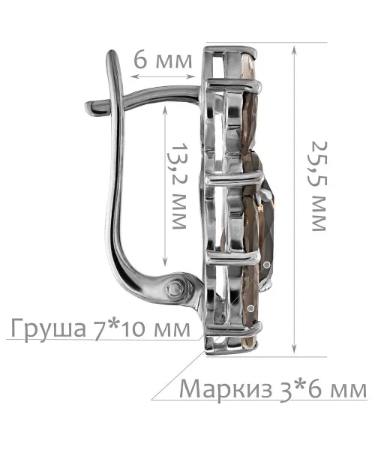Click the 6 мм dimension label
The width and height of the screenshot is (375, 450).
click(x=163, y=61)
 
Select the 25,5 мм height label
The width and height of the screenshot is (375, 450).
click(x=319, y=186)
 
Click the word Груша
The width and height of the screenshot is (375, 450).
click(x=49, y=329)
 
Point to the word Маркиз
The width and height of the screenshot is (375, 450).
click(x=226, y=389)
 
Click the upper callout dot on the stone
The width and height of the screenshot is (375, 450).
click(x=266, y=265)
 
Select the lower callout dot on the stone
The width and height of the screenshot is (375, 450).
click(x=251, y=308)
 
